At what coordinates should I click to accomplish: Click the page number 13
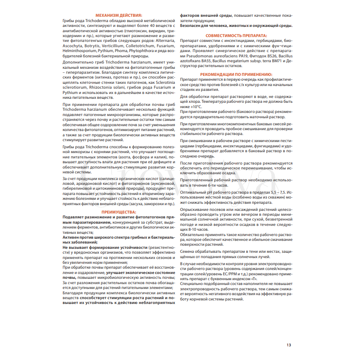[x=289, y=345]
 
